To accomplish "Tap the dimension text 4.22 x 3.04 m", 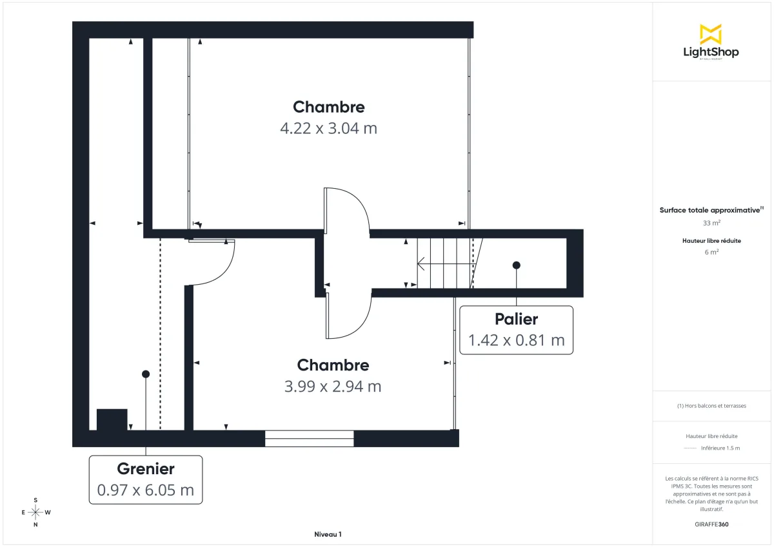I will pyautogui.click(x=328, y=128).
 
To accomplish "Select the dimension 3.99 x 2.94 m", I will pyautogui.click(x=332, y=387).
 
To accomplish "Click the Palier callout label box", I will pyautogui.click(x=516, y=330).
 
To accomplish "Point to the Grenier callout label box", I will pyautogui.click(x=145, y=480).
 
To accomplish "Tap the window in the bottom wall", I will pyautogui.click(x=310, y=439).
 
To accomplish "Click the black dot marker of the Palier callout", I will pyautogui.click(x=516, y=265).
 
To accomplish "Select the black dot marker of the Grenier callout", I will pyautogui.click(x=146, y=374).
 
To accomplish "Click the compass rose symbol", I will pyautogui.click(x=35, y=512).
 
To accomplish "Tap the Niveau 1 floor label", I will pyautogui.click(x=328, y=535).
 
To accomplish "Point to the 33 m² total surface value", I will pyautogui.click(x=711, y=223).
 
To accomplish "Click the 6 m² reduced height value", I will pyautogui.click(x=711, y=253).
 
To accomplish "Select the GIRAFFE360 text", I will pyautogui.click(x=711, y=524).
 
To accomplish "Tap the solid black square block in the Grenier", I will pyautogui.click(x=112, y=419).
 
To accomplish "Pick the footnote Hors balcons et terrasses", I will pyautogui.click(x=711, y=406).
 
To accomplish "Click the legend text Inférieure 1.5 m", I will pyautogui.click(x=720, y=448).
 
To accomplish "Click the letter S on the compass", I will pyautogui.click(x=35, y=500).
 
